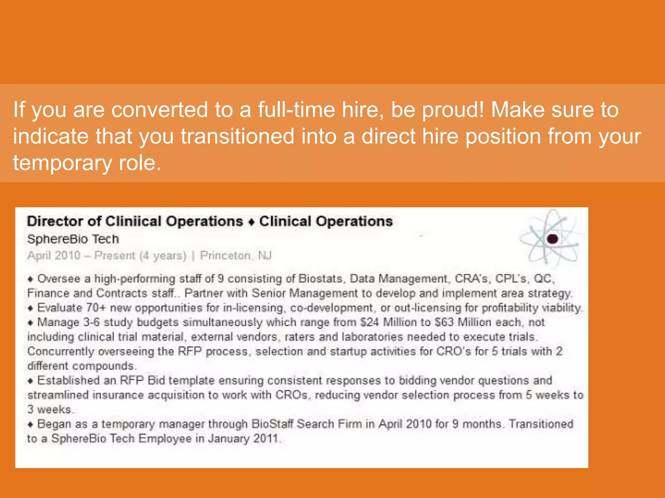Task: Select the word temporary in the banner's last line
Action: pyautogui.click(x=62, y=163)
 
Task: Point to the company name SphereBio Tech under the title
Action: pyautogui.click(x=73, y=239)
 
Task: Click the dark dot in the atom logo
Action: pyautogui.click(x=552, y=239)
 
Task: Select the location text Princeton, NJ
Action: pyautogui.click(x=235, y=256)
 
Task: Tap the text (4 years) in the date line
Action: pyautogui.click(x=163, y=256)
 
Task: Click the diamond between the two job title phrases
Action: pyautogui.click(x=251, y=222)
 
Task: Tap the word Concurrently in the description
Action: pyautogui.click(x=61, y=351)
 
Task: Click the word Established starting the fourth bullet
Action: pyautogui.click(x=68, y=380)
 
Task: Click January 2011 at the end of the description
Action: pyautogui.click(x=243, y=439)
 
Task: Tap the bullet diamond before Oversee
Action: pyautogui.click(x=31, y=279)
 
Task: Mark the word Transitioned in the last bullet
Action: pyautogui.click(x=541, y=424)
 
